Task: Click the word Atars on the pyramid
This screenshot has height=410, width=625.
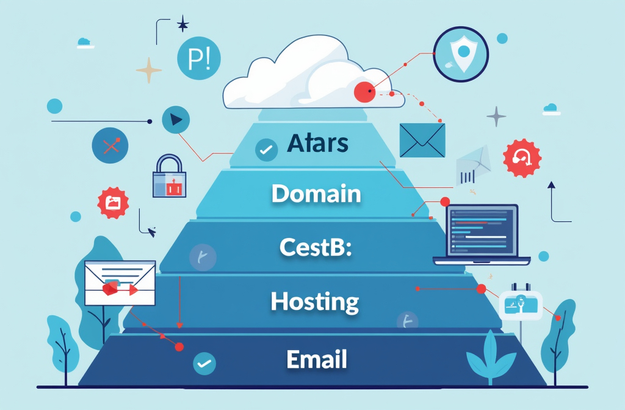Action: coord(317,143)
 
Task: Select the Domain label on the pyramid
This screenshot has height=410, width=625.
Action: coord(316,195)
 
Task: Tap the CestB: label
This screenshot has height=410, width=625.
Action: coord(316,248)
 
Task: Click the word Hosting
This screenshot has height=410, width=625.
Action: coord(314,301)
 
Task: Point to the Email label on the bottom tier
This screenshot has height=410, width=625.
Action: coord(316,359)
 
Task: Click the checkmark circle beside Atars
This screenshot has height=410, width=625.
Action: coord(266,149)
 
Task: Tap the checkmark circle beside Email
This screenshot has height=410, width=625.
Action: coord(204,364)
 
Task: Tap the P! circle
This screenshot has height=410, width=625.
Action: coord(198,59)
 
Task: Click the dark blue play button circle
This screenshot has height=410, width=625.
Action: coord(176,120)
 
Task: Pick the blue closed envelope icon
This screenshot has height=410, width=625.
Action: coord(422,140)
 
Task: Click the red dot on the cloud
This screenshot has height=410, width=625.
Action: coord(364,92)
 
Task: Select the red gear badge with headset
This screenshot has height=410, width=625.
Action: coord(522,158)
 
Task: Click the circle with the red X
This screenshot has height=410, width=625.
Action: coord(110,146)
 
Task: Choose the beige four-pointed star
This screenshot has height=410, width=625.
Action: coord(149,70)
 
